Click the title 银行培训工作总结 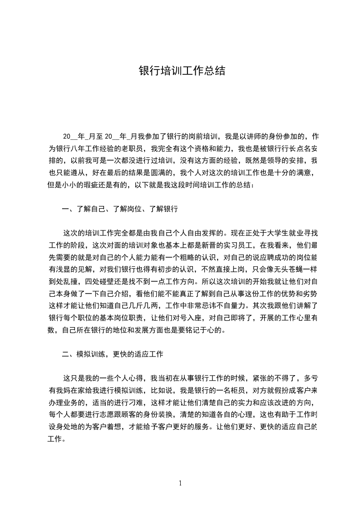pos(182,71)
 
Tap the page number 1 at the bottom pos(180,483)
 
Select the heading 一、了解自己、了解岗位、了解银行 pos(120,209)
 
